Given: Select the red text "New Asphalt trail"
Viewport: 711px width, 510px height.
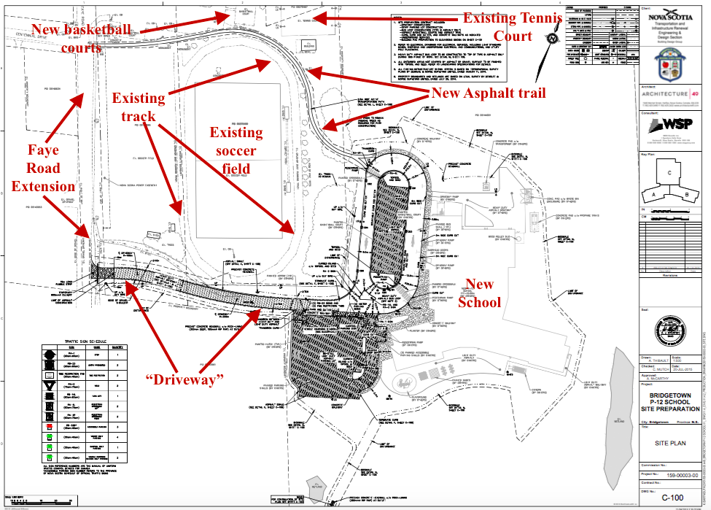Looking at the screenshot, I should point(488,93).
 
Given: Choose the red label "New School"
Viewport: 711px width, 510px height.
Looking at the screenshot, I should point(479,293).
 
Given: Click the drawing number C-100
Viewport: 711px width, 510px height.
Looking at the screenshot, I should point(672,498).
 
